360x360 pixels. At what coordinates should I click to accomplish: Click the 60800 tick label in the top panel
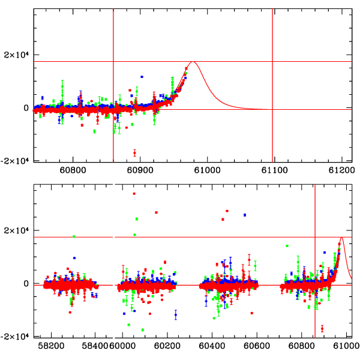tap(73, 170)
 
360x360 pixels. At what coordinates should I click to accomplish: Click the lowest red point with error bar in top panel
tap(135, 153)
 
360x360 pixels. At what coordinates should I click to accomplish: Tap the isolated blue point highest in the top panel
tap(142, 77)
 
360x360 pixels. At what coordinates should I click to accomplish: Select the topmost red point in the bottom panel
tap(134, 193)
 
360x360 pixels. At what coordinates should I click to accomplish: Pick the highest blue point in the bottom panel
tap(245, 215)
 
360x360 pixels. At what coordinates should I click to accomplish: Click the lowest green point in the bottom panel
tap(143, 330)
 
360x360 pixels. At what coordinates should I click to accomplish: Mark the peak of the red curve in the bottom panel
tap(341, 238)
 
